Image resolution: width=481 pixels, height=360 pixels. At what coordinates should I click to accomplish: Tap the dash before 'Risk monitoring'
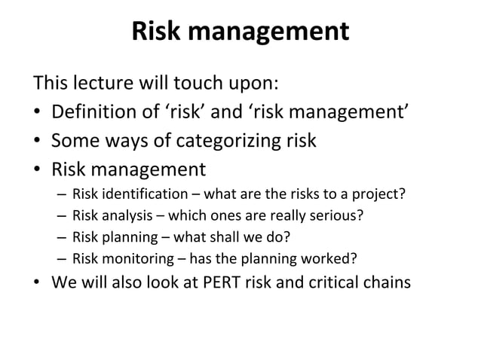pyautogui.click(x=60, y=261)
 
